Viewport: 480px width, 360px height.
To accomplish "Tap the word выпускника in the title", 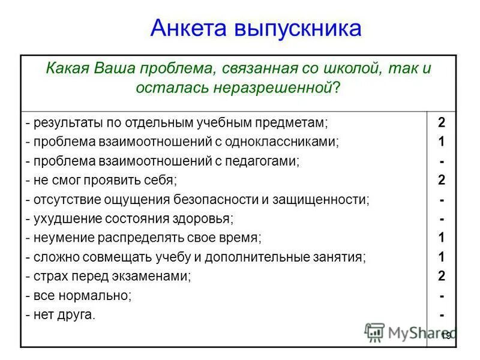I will [300, 28].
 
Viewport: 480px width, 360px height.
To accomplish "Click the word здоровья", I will [205, 218].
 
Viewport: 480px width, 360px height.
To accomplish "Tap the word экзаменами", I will [155, 276].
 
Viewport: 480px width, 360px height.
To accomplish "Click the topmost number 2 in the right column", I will [442, 123].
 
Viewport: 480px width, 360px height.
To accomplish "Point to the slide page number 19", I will [446, 335].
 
